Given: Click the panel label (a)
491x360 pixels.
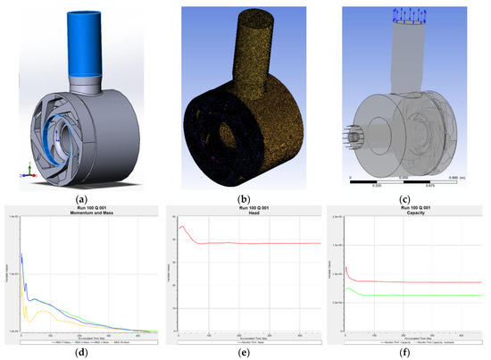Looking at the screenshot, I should [82, 199].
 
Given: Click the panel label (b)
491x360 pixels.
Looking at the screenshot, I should [245, 199].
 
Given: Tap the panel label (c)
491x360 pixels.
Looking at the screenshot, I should [409, 199].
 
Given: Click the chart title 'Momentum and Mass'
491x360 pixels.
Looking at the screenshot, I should [82, 215].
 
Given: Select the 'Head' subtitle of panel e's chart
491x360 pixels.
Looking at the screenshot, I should [245, 215].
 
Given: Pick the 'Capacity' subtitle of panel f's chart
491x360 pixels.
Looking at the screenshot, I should [409, 215].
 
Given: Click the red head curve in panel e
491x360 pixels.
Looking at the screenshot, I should [268, 243].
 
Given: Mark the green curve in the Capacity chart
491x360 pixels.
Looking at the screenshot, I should [420, 296].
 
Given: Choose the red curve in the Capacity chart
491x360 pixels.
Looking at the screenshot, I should [420, 282].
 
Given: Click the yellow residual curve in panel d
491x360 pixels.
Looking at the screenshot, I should [54, 313].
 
